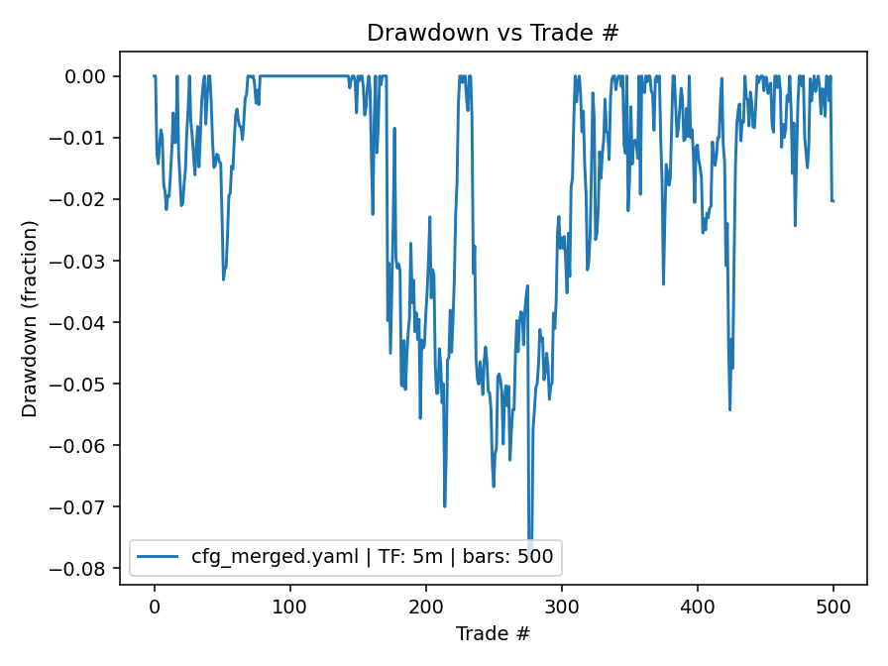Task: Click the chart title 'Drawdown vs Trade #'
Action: [x=493, y=33]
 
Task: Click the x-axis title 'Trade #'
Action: [x=493, y=633]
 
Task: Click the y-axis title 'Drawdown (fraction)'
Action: [x=31, y=318]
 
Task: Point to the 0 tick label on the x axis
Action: [x=154, y=606]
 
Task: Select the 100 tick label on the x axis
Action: [x=289, y=606]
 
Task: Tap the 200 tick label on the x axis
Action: [x=425, y=606]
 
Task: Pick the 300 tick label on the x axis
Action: [x=561, y=606]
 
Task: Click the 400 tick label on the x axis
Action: [x=698, y=606]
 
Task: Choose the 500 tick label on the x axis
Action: [x=833, y=606]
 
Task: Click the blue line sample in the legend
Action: [x=160, y=557]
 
